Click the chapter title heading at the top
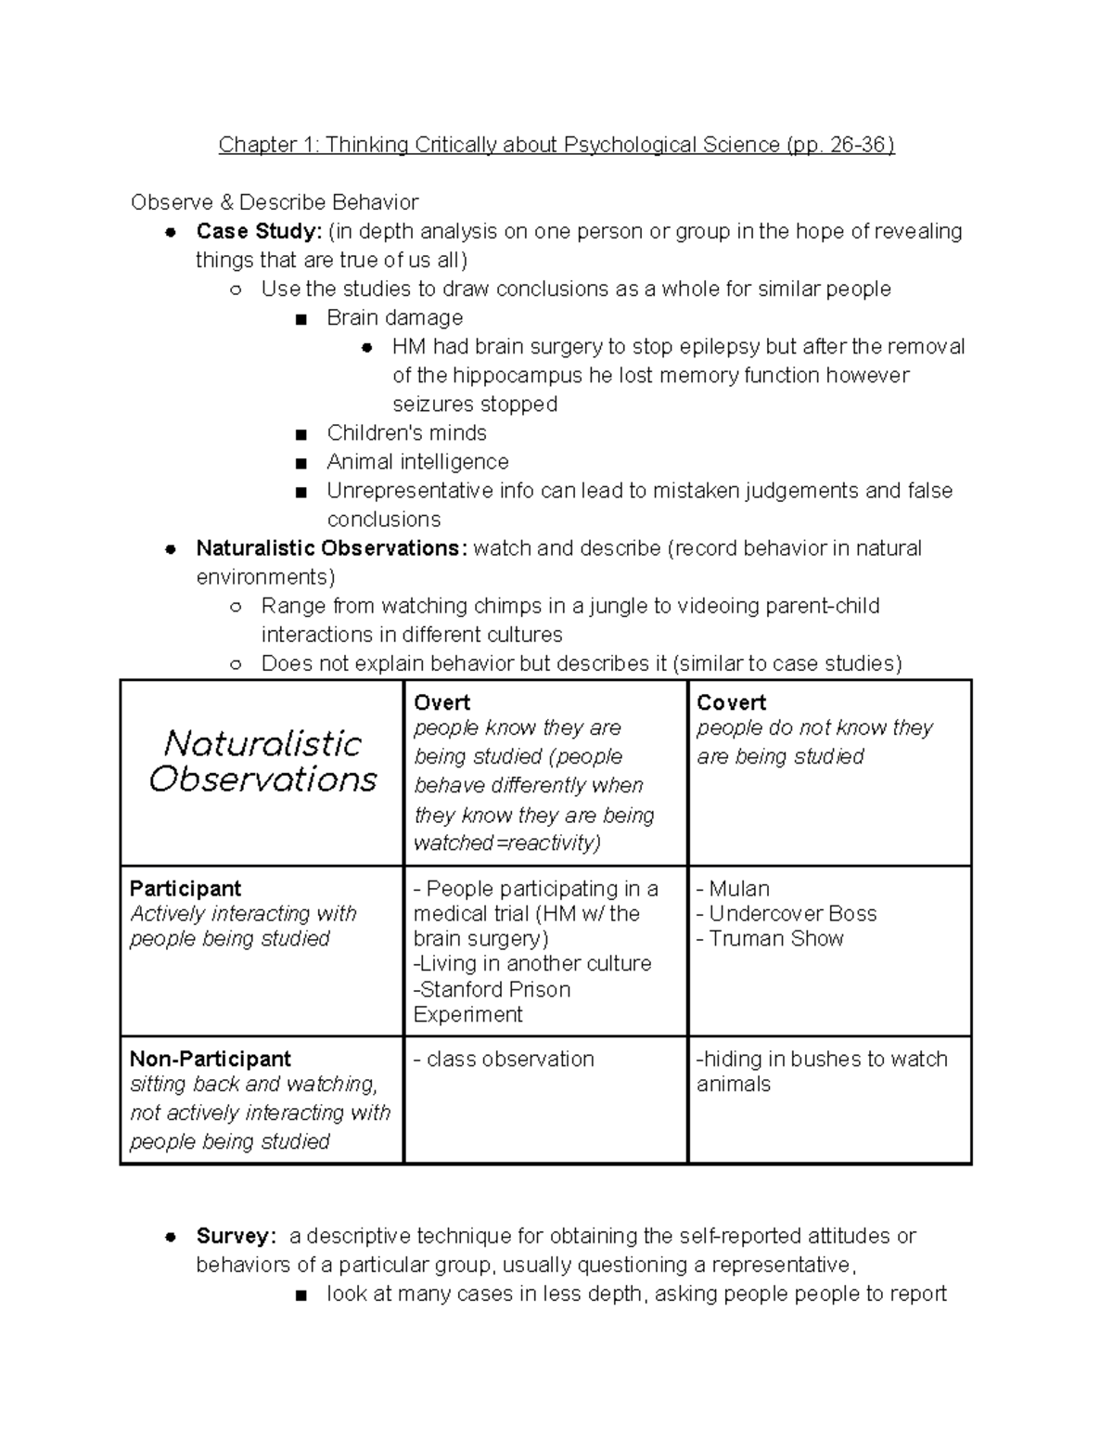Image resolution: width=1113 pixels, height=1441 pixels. pyautogui.click(x=556, y=145)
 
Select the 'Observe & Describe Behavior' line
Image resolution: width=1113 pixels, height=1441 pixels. pyautogui.click(x=275, y=202)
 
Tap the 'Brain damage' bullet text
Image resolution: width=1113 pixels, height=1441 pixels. pyautogui.click(x=394, y=317)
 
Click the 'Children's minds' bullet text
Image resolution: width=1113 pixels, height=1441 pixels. pyautogui.click(x=406, y=432)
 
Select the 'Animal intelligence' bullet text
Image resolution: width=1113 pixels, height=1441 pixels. pyautogui.click(x=417, y=461)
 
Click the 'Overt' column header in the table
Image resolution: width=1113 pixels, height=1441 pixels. pyautogui.click(x=441, y=702)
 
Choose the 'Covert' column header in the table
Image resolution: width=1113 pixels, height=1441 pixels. pyautogui.click(x=731, y=702)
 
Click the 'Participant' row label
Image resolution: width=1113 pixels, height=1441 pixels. pyautogui.click(x=185, y=888)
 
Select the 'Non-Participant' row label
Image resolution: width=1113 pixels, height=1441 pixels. pyautogui.click(x=211, y=1059)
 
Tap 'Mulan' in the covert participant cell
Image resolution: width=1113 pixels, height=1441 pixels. pyautogui.click(x=738, y=888)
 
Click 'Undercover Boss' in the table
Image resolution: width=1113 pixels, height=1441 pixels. pyautogui.click(x=792, y=913)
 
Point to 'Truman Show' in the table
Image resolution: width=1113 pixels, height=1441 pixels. pyautogui.click(x=776, y=938)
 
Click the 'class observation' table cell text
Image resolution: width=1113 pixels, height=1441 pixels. pyautogui.click(x=509, y=1059)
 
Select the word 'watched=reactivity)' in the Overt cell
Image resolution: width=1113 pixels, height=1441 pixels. pyautogui.click(x=506, y=843)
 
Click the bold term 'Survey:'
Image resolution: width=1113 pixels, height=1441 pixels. pyautogui.click(x=236, y=1236)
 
